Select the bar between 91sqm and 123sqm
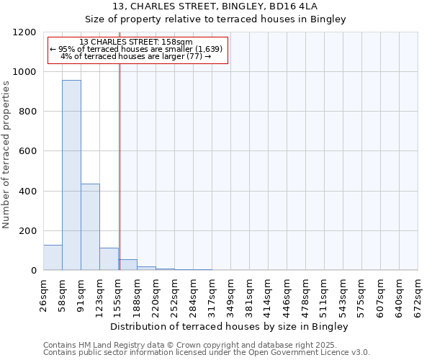pos(90,227)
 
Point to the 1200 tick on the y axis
pos(26,32)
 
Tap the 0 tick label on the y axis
pos(34,271)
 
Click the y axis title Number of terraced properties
pos(6,155)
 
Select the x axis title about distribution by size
pos(230,327)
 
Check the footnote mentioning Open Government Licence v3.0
pos(207,353)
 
